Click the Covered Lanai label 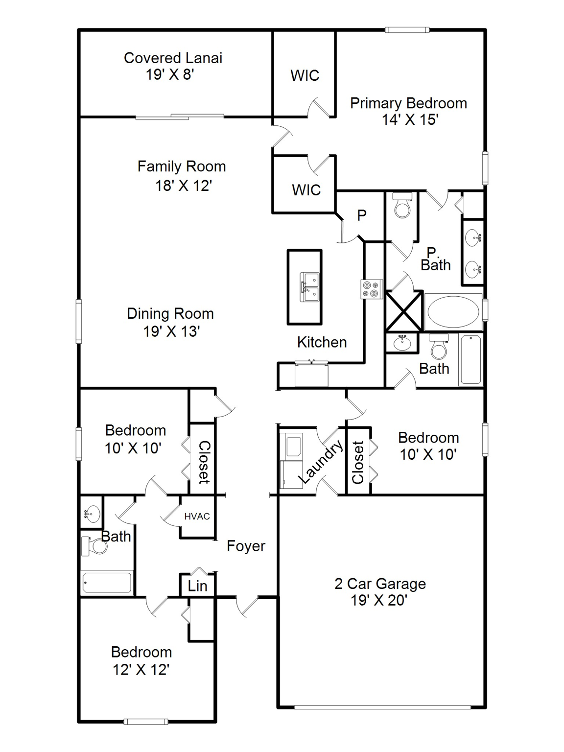point(173,58)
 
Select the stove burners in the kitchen point(371,289)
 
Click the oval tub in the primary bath point(453,312)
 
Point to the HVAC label point(197,517)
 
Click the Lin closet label point(197,586)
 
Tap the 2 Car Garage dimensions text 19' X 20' point(379,600)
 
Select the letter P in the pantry point(362,215)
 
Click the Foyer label point(246,546)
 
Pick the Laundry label point(320,462)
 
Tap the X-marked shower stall point(404,311)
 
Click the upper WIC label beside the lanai point(305,76)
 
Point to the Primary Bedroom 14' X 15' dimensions point(410,119)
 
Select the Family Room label point(182,166)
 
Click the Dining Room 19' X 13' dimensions point(171,331)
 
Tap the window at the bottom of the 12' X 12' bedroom point(146,721)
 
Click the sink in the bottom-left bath point(91,514)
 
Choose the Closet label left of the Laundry point(204,462)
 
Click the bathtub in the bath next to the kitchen point(471,359)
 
